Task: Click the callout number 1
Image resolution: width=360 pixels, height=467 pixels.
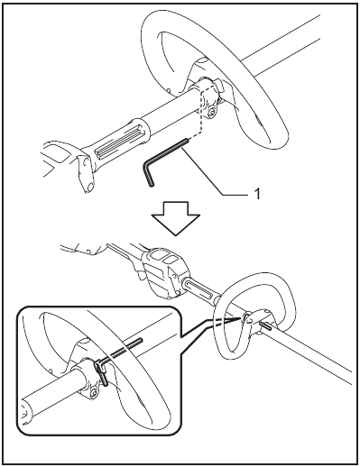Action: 256,194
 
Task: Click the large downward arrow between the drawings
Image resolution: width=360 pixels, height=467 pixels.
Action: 175,217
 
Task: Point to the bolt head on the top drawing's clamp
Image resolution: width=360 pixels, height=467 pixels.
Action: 213,112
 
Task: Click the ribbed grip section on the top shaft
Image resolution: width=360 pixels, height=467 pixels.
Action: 119,141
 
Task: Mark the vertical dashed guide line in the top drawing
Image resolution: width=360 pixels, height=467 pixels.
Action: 200,111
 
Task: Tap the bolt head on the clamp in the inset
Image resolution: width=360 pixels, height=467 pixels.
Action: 94,393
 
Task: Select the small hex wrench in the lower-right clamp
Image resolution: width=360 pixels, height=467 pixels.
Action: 265,325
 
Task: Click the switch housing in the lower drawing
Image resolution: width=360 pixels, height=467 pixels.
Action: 164,272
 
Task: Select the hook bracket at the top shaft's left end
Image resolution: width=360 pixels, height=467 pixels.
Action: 85,174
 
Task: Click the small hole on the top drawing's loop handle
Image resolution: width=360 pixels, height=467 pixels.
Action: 169,89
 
